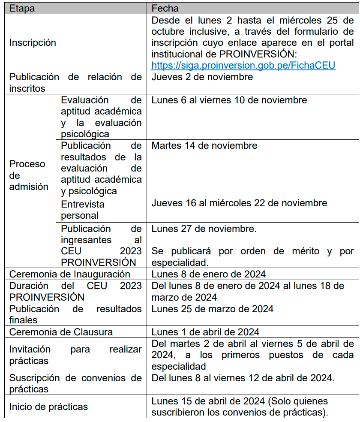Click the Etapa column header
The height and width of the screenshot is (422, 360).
(x=22, y=9)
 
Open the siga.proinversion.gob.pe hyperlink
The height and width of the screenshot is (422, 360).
(x=243, y=65)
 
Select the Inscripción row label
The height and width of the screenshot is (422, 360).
(x=33, y=43)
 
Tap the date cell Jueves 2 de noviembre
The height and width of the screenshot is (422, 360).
(x=202, y=77)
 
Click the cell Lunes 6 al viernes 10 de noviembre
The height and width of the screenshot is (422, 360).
(x=229, y=100)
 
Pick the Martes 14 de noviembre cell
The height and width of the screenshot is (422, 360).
(x=204, y=146)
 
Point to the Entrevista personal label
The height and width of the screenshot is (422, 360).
(x=82, y=210)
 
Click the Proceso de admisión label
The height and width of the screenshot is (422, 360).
(x=28, y=175)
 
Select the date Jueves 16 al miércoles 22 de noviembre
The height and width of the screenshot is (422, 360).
(x=239, y=203)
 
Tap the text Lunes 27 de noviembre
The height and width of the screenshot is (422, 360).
(x=204, y=229)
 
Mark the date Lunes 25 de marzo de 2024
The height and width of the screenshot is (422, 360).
(x=212, y=309)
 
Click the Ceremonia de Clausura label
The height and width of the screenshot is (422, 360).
(x=61, y=332)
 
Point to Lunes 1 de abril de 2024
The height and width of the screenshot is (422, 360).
(x=205, y=332)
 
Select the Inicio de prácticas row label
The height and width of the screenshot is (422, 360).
(x=48, y=407)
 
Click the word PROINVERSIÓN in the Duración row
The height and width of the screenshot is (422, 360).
(x=47, y=297)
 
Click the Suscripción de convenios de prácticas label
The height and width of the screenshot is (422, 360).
(x=75, y=383)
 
